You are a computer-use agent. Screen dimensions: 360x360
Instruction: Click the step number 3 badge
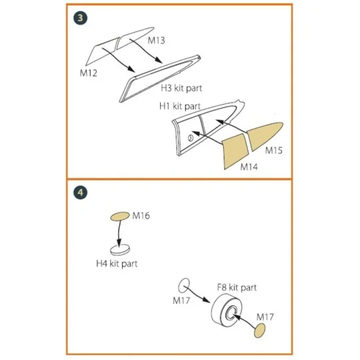[x=80, y=18]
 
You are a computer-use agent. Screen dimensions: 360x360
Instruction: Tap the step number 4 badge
[x=80, y=193]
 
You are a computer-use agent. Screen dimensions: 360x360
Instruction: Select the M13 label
[x=156, y=41]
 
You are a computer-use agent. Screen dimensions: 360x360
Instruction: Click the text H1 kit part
[x=180, y=106]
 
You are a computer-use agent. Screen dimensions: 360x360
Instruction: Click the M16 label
[x=141, y=216]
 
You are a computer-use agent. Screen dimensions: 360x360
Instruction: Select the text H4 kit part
[x=117, y=264]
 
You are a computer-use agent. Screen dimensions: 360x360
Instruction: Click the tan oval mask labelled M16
[x=119, y=216]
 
